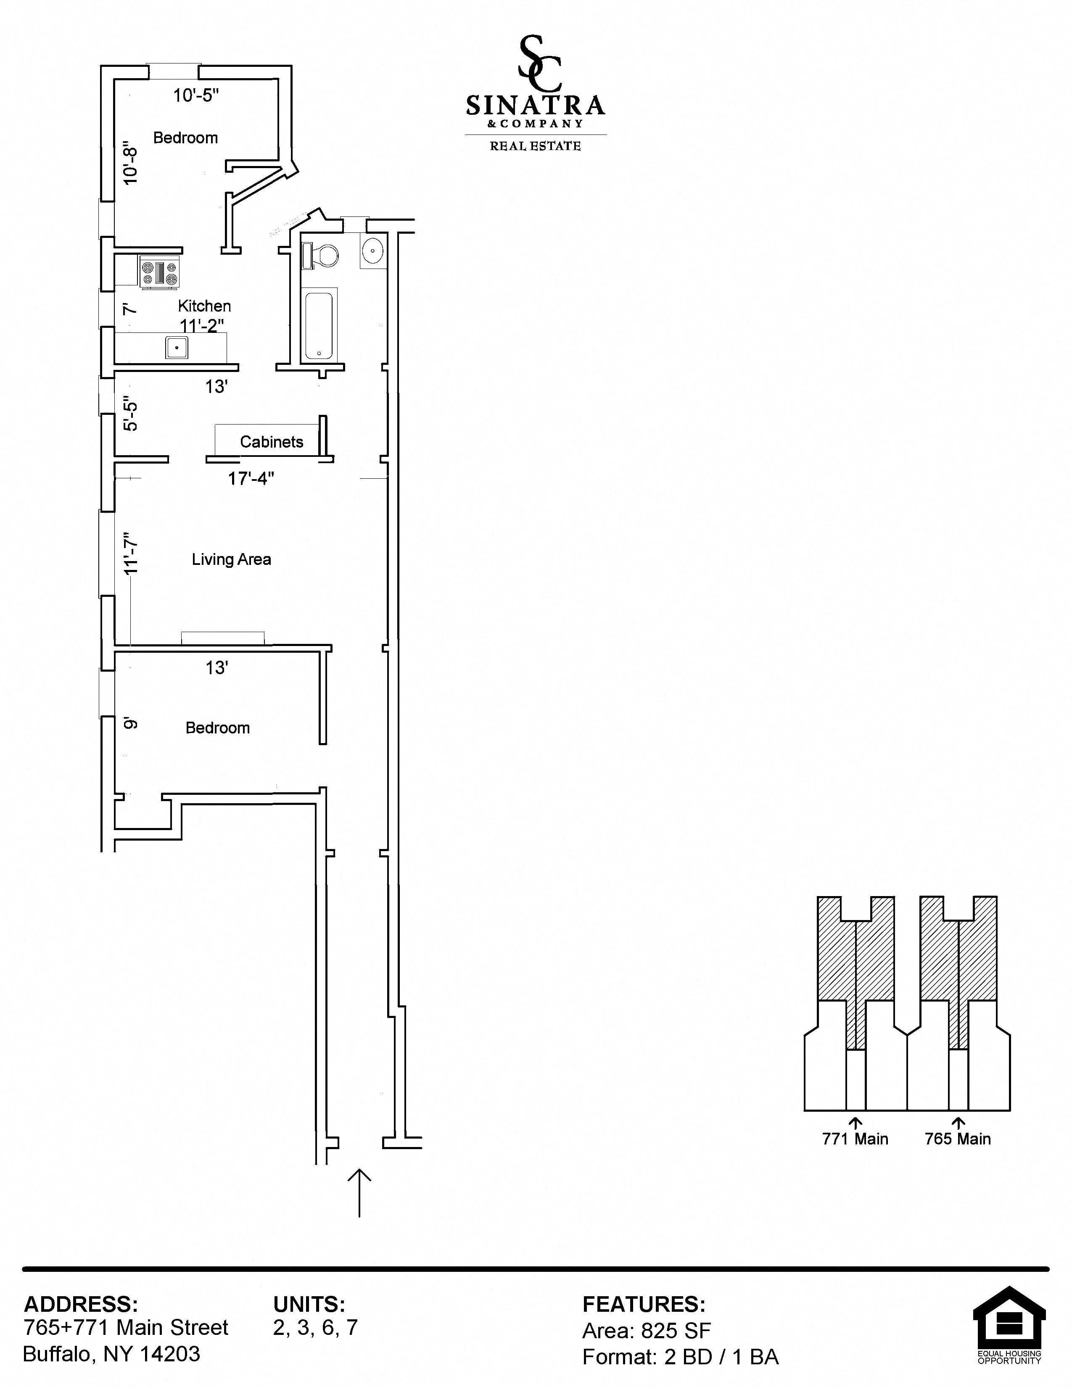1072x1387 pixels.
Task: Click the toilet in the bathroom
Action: coord(322,256)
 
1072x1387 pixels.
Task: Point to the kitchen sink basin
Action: coord(177,348)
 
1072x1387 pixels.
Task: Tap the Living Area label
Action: coord(231,559)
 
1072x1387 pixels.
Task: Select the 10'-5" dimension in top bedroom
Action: coord(196,95)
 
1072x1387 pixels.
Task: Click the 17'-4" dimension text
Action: coord(251,478)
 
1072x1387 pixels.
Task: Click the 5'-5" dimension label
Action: coord(130,416)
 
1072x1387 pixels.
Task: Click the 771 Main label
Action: coord(855,1139)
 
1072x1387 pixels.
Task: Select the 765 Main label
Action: coord(957,1139)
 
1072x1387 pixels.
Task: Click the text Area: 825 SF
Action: coord(646,1331)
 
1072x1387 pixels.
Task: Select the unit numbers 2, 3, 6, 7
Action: coord(315,1327)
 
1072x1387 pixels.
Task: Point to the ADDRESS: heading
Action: coord(81,1305)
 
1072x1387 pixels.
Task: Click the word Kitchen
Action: coord(204,306)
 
